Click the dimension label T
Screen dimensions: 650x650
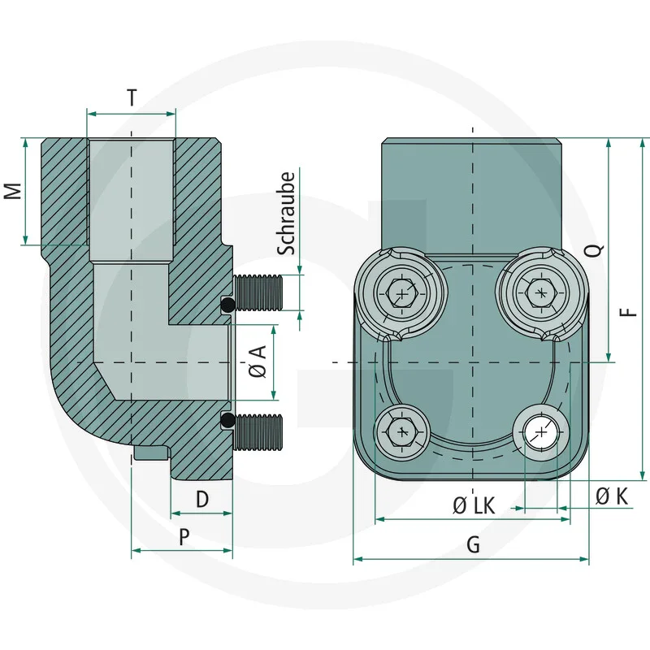(132, 97)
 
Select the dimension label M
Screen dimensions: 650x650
(12, 191)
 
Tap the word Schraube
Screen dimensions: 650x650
(286, 213)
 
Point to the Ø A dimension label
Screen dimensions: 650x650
(258, 362)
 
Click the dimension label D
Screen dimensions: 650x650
(202, 498)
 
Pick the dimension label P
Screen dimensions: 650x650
(184, 536)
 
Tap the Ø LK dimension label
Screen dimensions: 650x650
(473, 505)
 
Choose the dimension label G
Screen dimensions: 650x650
(473, 545)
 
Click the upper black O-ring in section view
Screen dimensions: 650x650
(228, 305)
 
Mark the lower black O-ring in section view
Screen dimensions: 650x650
(228, 420)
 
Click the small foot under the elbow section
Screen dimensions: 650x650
(152, 453)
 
